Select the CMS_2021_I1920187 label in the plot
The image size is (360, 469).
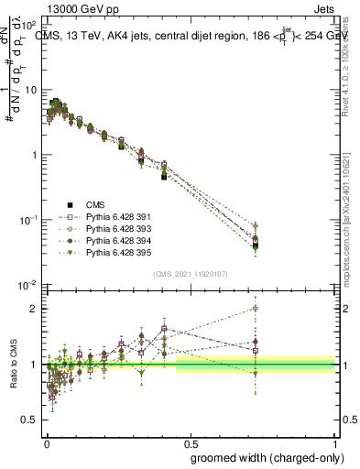pos(190,274)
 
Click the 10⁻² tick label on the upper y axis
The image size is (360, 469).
pos(29,285)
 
